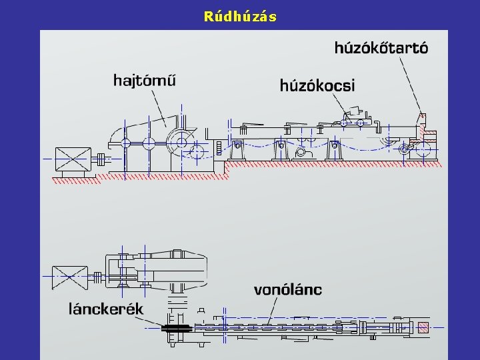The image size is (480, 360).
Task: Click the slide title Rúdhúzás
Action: point(240,16)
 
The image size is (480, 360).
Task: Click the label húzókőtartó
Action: point(381,47)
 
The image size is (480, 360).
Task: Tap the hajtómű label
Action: point(145,81)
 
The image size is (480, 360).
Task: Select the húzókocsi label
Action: point(317,85)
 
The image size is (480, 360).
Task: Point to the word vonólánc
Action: point(288,289)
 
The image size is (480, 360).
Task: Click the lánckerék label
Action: point(107,309)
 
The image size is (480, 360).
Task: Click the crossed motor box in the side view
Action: point(73,159)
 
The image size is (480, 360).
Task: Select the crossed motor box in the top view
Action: point(70,275)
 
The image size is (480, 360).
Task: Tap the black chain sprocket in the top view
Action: point(175,327)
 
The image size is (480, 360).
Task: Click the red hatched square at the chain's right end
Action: point(423,327)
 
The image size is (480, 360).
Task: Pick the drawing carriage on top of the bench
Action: point(353,121)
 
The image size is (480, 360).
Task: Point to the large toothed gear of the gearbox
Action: point(179,141)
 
